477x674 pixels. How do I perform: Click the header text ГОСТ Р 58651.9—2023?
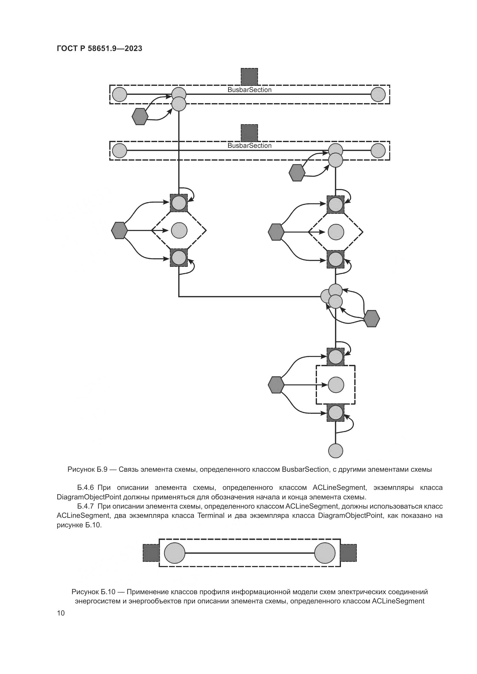pyautogui.click(x=99, y=49)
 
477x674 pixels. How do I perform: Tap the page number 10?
pyautogui.click(x=61, y=613)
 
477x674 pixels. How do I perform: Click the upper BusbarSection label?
pyautogui.click(x=249, y=90)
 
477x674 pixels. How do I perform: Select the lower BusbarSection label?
pyautogui.click(x=249, y=146)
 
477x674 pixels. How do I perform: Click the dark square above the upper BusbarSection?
pyautogui.click(x=249, y=76)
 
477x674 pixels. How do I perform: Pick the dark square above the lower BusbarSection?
pyautogui.click(x=249, y=132)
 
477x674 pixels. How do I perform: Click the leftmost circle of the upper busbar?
pyautogui.click(x=120, y=95)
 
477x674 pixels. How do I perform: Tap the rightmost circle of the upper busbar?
pyautogui.click(x=378, y=95)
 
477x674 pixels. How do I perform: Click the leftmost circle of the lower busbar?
pyautogui.click(x=120, y=151)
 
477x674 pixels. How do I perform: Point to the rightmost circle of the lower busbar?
pyautogui.click(x=378, y=151)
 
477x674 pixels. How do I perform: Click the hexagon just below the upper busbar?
pyautogui.click(x=140, y=116)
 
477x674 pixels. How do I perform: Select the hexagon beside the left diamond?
pyautogui.click(x=120, y=231)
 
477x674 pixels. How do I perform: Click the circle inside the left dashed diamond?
pyautogui.click(x=179, y=231)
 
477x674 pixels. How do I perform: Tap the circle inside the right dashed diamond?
pyautogui.click(x=336, y=232)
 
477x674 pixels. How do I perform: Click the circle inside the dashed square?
pyautogui.click(x=336, y=385)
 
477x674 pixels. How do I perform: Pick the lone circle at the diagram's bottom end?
pyautogui.click(x=335, y=451)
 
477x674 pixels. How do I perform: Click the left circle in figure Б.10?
pyautogui.click(x=174, y=553)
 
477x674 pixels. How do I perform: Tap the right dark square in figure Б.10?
pyautogui.click(x=348, y=553)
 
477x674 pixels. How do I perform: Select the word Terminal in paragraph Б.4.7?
pyautogui.click(x=211, y=516)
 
